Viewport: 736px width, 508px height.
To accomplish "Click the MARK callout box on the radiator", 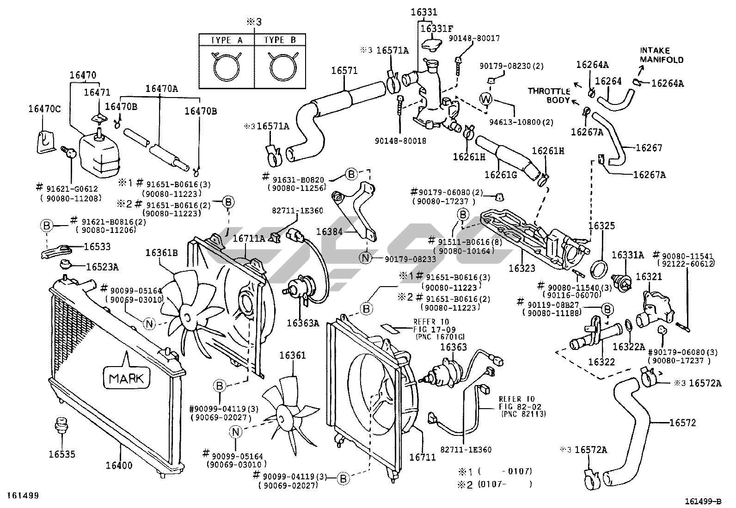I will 126,378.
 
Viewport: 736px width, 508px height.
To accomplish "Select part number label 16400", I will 119,465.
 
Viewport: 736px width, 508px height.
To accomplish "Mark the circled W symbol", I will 485,98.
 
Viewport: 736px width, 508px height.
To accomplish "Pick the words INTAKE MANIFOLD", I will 662,55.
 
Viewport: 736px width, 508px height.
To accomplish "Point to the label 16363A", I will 303,323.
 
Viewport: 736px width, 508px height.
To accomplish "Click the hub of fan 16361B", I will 187,317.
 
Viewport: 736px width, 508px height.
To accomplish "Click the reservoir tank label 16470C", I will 44,109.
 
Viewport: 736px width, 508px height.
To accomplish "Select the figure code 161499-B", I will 703,501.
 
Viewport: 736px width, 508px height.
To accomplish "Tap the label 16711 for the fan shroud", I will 423,457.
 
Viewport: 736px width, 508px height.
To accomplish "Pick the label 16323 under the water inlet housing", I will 522,268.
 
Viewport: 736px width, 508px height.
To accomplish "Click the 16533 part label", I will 97,247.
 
